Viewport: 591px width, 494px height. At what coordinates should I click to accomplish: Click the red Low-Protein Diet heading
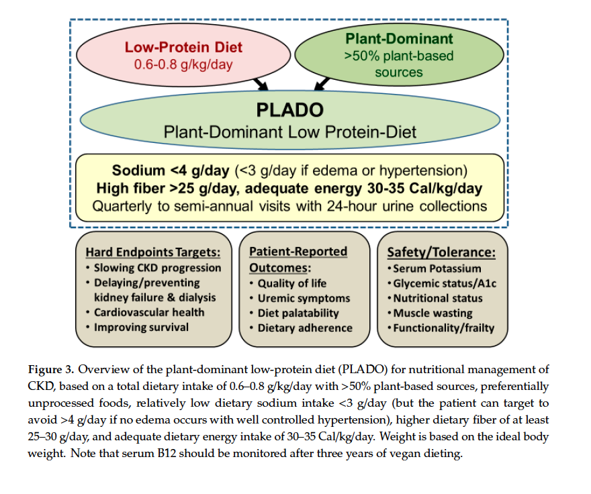183,48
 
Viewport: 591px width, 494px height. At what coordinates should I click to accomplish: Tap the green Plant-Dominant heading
399,39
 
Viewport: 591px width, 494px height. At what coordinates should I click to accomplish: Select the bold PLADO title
289,110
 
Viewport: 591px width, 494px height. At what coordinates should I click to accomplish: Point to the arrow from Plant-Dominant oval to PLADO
322,84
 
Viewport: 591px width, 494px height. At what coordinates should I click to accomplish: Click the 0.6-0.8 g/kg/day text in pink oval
183,65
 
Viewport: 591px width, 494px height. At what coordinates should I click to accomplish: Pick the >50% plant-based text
399,56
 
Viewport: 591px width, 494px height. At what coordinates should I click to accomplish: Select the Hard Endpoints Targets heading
152,252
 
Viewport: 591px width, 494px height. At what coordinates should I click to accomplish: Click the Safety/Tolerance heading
441,252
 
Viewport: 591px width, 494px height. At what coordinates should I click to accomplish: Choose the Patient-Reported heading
298,252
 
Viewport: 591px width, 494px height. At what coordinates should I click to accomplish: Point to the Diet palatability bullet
298,313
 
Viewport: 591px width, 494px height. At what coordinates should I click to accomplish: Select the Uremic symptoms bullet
304,298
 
